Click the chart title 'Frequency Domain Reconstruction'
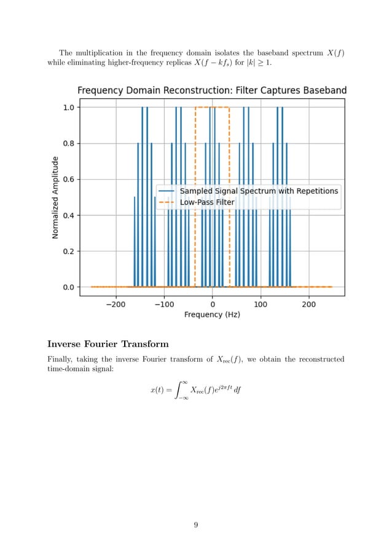[x=211, y=90]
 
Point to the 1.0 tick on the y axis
[x=66, y=107]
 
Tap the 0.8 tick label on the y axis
[x=66, y=143]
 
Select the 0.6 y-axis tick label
[x=66, y=180]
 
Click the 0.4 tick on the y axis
[x=66, y=215]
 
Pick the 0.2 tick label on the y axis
[x=66, y=251]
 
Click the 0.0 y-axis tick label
[x=66, y=287]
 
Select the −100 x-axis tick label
[x=163, y=304]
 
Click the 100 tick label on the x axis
[x=261, y=304]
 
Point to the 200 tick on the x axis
[x=308, y=304]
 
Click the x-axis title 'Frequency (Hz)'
[x=212, y=314]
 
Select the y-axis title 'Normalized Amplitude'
[x=55, y=197]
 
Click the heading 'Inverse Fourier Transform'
[x=108, y=343]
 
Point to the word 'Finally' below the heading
[x=60, y=359]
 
